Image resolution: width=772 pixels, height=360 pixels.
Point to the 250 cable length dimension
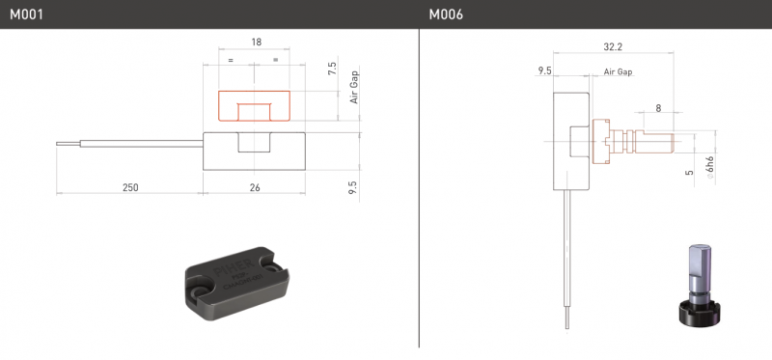pos(127,186)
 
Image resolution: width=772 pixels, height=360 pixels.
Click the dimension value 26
pos(255,186)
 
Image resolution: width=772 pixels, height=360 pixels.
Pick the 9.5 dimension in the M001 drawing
pos(352,184)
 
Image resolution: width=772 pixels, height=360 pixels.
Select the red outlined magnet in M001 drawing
pos(254,105)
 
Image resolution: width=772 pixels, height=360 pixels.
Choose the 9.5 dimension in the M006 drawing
pos(544,71)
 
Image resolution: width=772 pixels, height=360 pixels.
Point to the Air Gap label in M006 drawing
pos(618,72)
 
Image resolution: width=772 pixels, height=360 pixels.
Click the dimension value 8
pos(658,109)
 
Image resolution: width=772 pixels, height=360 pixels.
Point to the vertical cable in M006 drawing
pos(568,261)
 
